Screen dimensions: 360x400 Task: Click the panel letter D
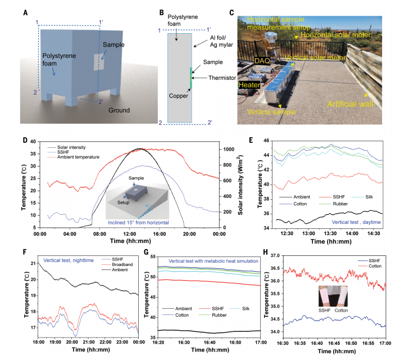point(25,137)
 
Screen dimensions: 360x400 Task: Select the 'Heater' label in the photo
point(250,84)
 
